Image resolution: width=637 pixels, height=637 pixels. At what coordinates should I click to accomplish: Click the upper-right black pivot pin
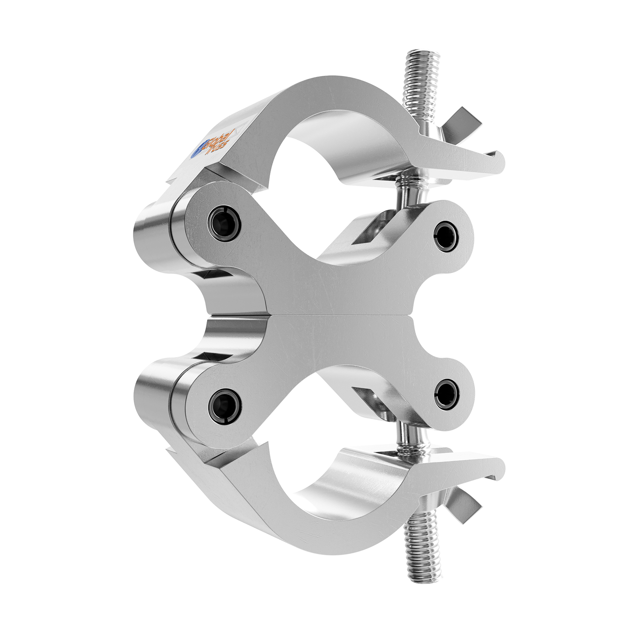pos(446,236)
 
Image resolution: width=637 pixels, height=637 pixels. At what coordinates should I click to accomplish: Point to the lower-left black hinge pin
pos(225,406)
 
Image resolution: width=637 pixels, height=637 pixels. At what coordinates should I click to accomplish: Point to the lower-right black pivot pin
pos(446,394)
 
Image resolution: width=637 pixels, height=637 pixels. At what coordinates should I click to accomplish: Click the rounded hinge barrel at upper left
pos(153,235)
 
